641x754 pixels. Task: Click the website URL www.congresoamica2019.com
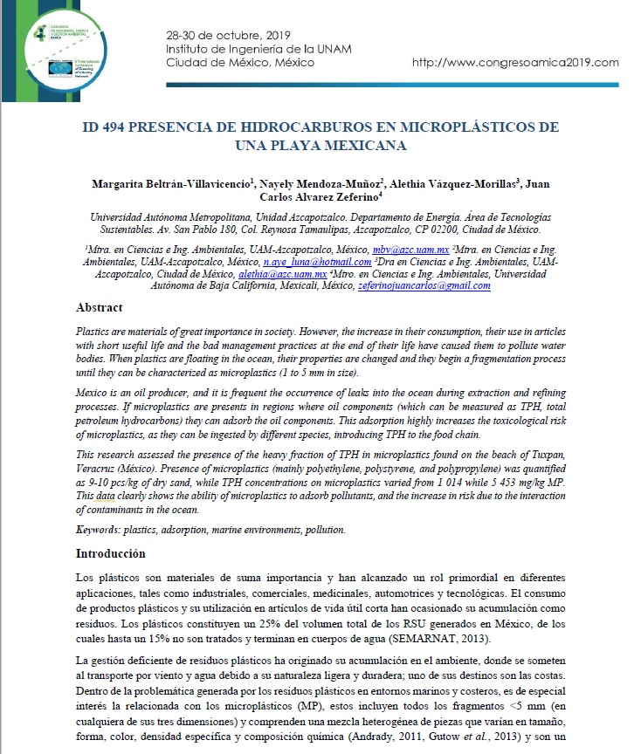(x=514, y=63)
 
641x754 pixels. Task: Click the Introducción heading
(x=111, y=553)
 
